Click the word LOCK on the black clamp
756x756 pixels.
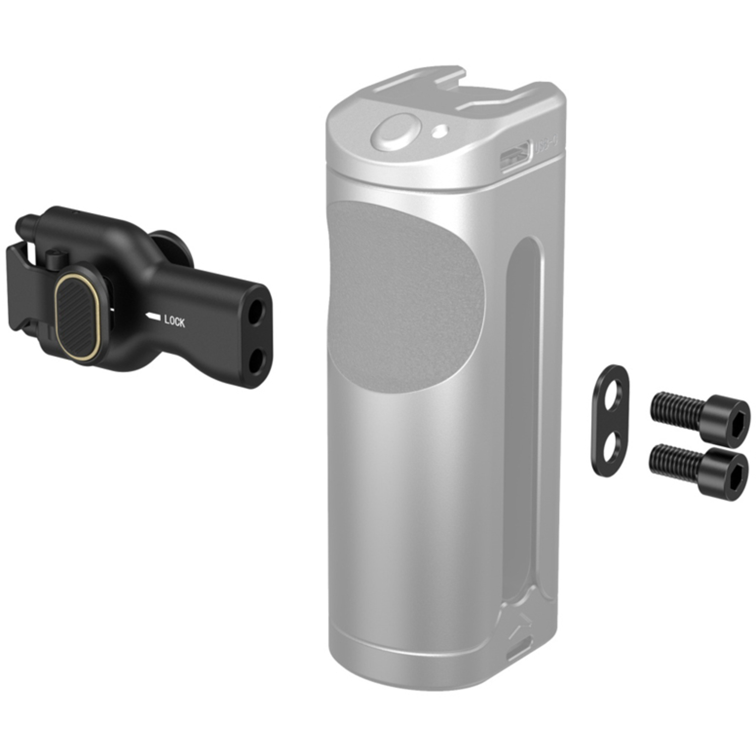coord(174,321)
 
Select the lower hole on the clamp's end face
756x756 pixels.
coord(258,358)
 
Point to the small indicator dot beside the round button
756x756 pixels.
coord(440,132)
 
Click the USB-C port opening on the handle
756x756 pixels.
coord(515,157)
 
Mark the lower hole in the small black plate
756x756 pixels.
coord(611,444)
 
